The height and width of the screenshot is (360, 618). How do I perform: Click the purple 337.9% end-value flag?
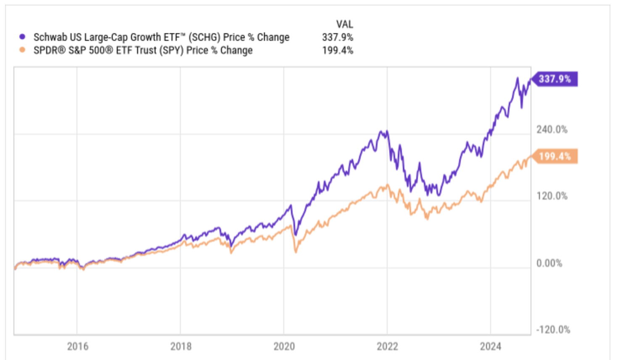point(555,79)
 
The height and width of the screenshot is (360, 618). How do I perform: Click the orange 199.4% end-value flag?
point(555,156)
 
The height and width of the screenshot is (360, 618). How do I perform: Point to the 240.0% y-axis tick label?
point(552,130)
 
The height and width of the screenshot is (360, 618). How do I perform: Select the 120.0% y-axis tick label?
point(552,196)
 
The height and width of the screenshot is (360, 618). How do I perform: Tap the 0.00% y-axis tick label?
point(549,263)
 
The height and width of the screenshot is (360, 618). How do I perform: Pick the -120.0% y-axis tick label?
point(553,330)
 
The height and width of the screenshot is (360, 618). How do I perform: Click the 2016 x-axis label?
point(78,347)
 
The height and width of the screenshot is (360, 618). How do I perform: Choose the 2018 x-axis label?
point(181,347)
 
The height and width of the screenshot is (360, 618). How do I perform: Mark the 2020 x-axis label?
point(284,347)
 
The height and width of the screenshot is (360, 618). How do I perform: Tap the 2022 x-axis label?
point(387,347)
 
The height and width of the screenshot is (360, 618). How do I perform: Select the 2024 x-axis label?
point(491,347)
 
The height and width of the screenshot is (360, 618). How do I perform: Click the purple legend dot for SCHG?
point(22,37)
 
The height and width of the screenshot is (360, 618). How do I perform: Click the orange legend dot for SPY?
point(22,50)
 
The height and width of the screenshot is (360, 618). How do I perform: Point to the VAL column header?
point(344,24)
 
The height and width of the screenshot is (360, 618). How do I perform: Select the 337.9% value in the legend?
point(338,37)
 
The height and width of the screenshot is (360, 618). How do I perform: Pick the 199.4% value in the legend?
point(338,50)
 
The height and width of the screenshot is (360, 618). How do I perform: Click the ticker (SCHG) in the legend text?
point(204,37)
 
